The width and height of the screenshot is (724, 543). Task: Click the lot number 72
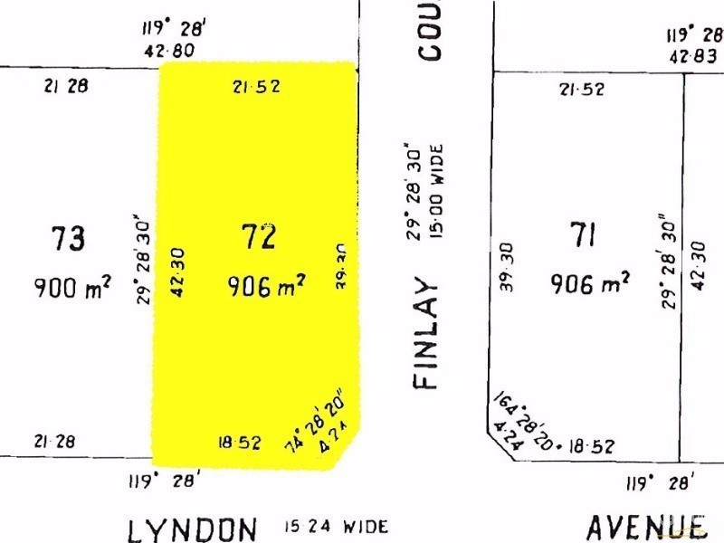[258, 237]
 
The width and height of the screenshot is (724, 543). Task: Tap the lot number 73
[68, 239]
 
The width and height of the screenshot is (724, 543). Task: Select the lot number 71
[583, 235]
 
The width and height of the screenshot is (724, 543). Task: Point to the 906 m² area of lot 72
[265, 287]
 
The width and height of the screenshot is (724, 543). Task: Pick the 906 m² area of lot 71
[590, 284]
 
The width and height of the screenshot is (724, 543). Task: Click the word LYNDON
[193, 528]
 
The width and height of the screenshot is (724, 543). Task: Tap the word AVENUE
[645, 526]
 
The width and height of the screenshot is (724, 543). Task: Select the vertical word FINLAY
[426, 334]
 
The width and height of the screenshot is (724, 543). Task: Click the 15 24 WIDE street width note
[336, 526]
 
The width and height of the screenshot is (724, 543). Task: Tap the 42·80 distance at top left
[168, 52]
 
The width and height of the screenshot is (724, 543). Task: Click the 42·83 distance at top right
[694, 55]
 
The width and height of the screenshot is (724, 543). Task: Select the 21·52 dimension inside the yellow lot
[256, 87]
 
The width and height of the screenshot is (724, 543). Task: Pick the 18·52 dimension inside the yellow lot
[240, 443]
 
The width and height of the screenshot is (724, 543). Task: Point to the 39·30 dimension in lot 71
[506, 268]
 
